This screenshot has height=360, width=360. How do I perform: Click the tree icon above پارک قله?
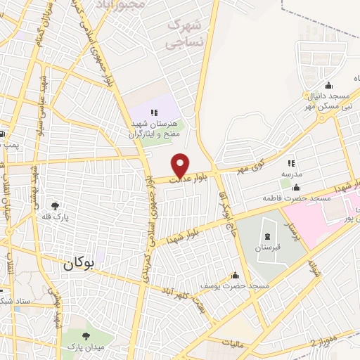coord(55,206)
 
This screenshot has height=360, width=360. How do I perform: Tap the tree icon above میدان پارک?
coord(87,336)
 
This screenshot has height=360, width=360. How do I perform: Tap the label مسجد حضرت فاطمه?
coord(297,198)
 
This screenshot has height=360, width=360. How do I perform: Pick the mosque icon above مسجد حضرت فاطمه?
coord(296,187)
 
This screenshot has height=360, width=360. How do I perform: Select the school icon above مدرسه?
coord(291,163)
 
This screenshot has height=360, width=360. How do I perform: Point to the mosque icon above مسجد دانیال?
coord(310,94)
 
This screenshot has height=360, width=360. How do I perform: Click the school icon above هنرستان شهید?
coord(154,112)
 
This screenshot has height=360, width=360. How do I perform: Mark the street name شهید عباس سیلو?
coord(43,105)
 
